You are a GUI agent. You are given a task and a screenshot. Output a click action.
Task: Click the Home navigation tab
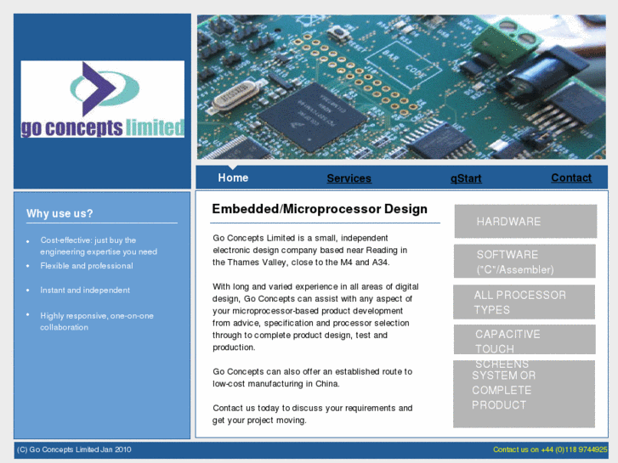tap(233, 178)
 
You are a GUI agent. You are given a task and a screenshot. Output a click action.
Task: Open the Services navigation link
tap(349, 178)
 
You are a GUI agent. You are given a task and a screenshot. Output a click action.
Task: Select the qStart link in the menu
tap(466, 178)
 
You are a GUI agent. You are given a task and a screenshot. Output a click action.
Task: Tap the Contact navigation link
tap(571, 178)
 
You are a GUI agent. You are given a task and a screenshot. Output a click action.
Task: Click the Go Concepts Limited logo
tap(103, 99)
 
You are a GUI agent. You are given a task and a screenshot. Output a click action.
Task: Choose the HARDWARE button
tap(524, 222)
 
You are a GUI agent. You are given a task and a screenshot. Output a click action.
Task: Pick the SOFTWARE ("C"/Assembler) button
tap(524, 262)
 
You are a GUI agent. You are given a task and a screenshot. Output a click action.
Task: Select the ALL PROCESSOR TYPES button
tap(524, 302)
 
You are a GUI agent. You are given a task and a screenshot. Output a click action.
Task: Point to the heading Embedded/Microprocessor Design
tap(320, 209)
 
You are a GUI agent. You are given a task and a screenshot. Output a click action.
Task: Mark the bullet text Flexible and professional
tap(87, 266)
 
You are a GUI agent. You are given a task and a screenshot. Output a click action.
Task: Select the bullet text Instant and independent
tap(85, 291)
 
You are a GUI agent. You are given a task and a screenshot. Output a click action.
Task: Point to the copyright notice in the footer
tap(74, 450)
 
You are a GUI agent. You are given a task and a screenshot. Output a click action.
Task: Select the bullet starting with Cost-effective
tap(98, 246)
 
